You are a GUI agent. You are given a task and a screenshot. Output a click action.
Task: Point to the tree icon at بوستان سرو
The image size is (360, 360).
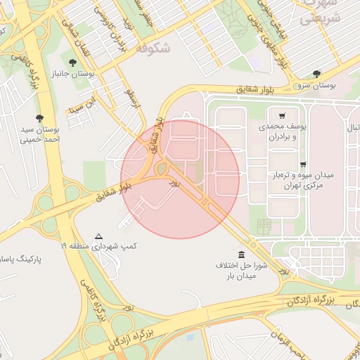[x=317, y=73]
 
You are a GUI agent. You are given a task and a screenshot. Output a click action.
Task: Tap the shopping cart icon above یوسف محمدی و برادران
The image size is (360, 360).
[x=282, y=116]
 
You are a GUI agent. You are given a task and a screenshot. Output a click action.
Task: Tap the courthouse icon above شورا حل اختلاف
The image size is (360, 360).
[x=242, y=254]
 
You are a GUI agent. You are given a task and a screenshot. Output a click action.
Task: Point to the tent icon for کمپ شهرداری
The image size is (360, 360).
[x=98, y=236]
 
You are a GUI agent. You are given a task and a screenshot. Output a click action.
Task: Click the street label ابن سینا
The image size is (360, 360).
[x=79, y=110]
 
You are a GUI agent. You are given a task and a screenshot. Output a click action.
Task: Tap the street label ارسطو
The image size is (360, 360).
[x=133, y=96]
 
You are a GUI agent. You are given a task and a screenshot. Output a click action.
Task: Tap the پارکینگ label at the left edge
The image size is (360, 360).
[x=21, y=259]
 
